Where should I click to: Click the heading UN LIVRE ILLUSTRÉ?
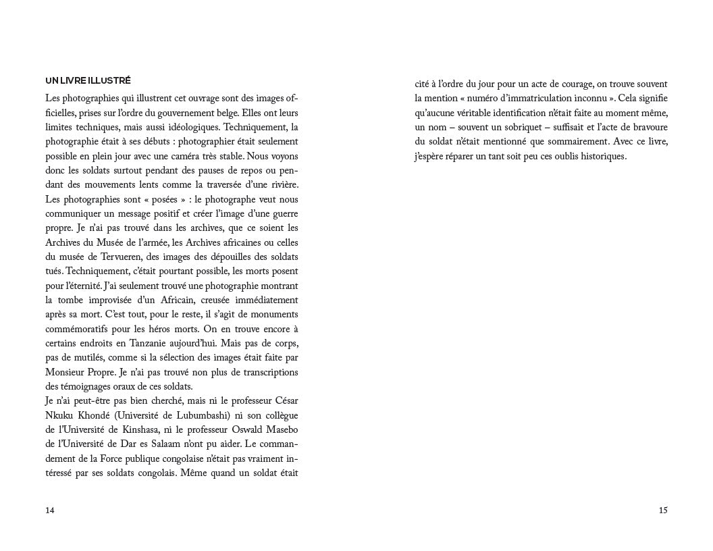click(x=88, y=80)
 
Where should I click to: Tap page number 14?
click(x=50, y=510)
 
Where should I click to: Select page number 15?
click(x=662, y=510)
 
